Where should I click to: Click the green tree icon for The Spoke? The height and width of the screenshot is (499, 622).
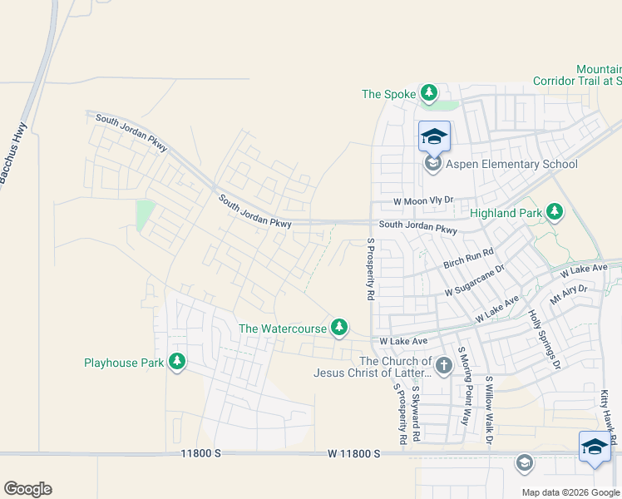point(428,93)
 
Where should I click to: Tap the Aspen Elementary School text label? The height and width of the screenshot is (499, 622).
point(511,164)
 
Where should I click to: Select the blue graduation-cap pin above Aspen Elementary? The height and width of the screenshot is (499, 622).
point(434,136)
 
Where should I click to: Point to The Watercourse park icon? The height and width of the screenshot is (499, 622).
point(338,328)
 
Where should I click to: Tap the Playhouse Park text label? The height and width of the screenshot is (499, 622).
point(124,363)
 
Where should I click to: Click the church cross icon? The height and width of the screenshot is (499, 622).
point(444,364)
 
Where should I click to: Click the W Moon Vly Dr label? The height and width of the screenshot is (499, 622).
point(423,201)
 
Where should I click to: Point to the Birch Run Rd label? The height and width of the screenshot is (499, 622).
point(468,257)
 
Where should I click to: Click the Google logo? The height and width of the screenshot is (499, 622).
point(27,489)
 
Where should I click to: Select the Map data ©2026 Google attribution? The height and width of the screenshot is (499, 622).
point(570,492)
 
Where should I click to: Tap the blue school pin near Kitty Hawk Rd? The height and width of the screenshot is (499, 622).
point(595,447)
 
